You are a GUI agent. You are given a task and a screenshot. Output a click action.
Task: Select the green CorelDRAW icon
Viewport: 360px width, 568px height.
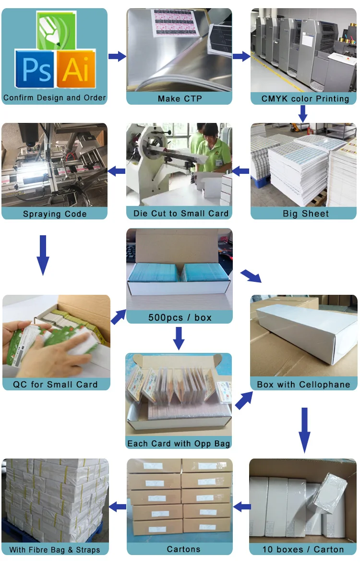click(55, 30)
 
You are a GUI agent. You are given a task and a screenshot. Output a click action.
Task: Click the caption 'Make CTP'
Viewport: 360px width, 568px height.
click(180, 99)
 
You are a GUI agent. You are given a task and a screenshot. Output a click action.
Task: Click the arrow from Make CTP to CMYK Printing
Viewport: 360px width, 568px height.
click(241, 56)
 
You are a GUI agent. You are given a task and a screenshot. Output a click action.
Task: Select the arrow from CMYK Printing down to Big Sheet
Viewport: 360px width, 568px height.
click(302, 114)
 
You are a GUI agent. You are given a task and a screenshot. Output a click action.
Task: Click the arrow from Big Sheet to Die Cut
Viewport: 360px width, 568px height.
click(241, 170)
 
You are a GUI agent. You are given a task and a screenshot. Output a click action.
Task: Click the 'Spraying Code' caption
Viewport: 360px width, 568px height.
click(55, 214)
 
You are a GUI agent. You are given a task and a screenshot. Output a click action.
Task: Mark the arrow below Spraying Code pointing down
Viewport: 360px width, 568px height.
click(43, 254)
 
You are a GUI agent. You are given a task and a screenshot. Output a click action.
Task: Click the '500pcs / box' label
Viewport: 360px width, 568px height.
click(180, 317)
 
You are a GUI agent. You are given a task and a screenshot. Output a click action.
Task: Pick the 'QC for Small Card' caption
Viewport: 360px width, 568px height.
click(56, 384)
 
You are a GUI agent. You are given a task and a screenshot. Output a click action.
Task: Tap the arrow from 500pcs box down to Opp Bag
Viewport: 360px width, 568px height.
click(179, 338)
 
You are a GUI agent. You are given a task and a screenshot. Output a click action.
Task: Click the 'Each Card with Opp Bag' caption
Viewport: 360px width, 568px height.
click(179, 444)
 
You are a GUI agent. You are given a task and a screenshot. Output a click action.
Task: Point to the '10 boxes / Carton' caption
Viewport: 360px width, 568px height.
click(303, 549)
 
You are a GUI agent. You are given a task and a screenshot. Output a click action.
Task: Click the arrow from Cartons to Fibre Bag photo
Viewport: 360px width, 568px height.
click(118, 506)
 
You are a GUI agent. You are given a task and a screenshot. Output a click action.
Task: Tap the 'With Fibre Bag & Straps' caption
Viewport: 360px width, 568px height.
click(55, 549)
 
